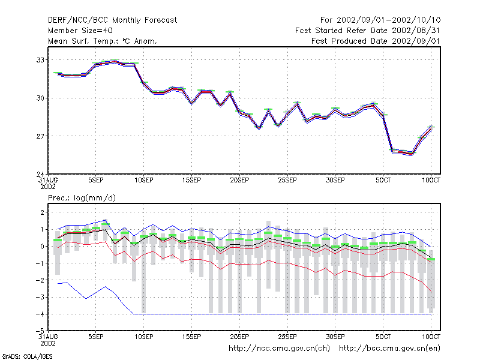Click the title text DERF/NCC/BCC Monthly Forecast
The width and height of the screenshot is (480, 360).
pyautogui.click(x=112, y=20)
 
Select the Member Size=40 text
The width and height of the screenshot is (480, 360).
pyautogui.click(x=80, y=31)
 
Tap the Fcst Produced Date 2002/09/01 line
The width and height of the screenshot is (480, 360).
pyautogui.click(x=376, y=41)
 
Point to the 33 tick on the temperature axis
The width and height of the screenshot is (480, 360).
pyautogui.click(x=40, y=60)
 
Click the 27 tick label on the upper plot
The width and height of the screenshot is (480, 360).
pyautogui.click(x=40, y=136)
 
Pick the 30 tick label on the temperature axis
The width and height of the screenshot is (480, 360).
pyautogui.click(x=40, y=98)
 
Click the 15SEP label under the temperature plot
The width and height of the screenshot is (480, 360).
pyautogui.click(x=191, y=181)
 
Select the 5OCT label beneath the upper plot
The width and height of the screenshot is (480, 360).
pyautogui.click(x=383, y=181)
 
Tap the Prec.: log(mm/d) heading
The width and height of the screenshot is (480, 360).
pyautogui.click(x=82, y=198)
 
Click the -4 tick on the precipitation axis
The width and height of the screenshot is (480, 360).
pyautogui.click(x=40, y=314)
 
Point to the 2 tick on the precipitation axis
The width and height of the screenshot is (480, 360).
pyautogui.click(x=42, y=212)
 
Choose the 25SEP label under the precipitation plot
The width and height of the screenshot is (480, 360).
pyautogui.click(x=287, y=337)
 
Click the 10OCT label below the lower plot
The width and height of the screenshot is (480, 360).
pyautogui.click(x=431, y=337)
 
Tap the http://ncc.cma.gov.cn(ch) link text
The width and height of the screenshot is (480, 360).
pyautogui.click(x=279, y=349)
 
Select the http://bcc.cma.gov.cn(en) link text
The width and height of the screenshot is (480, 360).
pyautogui.click(x=389, y=349)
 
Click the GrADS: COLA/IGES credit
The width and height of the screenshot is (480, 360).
pyautogui.click(x=27, y=356)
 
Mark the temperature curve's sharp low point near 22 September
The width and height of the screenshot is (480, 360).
pyautogui.click(x=259, y=128)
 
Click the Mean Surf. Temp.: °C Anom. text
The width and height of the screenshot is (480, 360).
pyautogui.click(x=103, y=41)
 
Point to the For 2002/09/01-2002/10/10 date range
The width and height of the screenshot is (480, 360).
pyautogui.click(x=380, y=20)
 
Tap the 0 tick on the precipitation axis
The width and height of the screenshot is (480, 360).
pyautogui.click(x=42, y=247)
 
